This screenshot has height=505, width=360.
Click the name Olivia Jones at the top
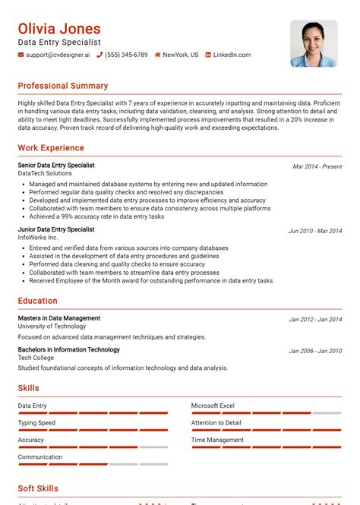[x=59, y=29]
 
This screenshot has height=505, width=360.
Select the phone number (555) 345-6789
[x=126, y=55]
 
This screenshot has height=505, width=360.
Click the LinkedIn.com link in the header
[x=232, y=55]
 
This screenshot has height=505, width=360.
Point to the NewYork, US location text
[x=180, y=55]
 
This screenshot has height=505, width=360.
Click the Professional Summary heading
[x=63, y=86]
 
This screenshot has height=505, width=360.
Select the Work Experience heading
[x=51, y=147]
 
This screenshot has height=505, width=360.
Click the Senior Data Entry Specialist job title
[x=56, y=165]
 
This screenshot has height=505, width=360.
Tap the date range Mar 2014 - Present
[x=317, y=166]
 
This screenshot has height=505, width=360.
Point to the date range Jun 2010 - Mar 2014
[x=314, y=231]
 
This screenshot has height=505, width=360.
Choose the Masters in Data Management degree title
[x=59, y=318]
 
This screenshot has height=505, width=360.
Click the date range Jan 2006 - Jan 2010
[x=315, y=351]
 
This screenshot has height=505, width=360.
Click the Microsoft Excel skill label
[x=213, y=406]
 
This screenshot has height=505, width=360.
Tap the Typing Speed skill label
[x=36, y=423]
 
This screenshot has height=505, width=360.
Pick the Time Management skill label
[x=217, y=440]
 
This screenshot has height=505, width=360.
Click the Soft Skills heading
[x=38, y=488]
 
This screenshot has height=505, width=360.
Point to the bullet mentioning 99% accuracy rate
[x=96, y=216]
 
